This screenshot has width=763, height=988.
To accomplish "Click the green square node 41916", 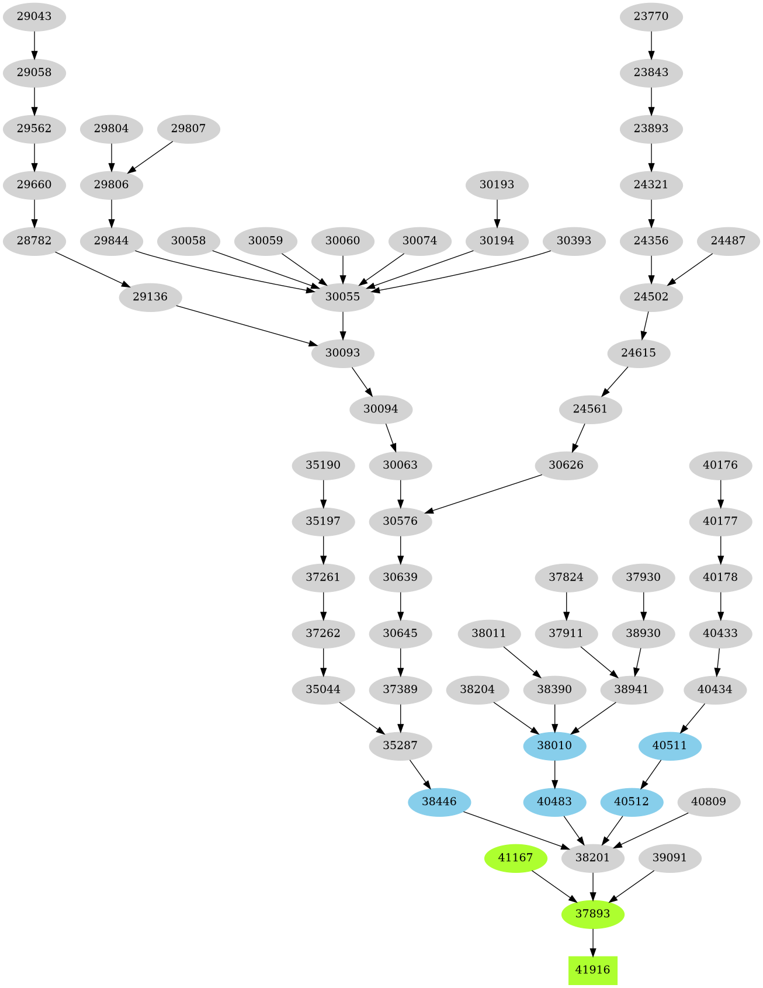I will (x=592, y=970).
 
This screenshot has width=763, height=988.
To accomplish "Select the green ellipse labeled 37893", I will (x=592, y=914).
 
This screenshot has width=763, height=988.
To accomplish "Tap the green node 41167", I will (x=515, y=858).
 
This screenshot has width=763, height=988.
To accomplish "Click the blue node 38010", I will (x=554, y=746).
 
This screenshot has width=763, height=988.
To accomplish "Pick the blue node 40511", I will (x=670, y=746).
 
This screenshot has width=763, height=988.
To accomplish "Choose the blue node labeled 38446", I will (x=439, y=802).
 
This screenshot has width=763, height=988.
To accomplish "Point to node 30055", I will (x=342, y=297).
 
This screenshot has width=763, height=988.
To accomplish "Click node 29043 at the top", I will (x=34, y=16).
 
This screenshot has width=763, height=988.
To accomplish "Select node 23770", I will (x=651, y=16).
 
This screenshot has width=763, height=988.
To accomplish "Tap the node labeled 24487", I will (x=728, y=241).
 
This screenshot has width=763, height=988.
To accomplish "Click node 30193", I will (x=497, y=185).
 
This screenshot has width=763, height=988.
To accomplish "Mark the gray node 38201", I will (x=592, y=858).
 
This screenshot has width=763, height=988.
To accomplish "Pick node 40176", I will (x=720, y=465).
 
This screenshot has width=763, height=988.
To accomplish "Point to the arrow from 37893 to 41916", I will (x=592, y=942).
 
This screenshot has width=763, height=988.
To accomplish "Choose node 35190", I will (x=323, y=465).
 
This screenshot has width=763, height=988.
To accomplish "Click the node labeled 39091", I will (x=670, y=858).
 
